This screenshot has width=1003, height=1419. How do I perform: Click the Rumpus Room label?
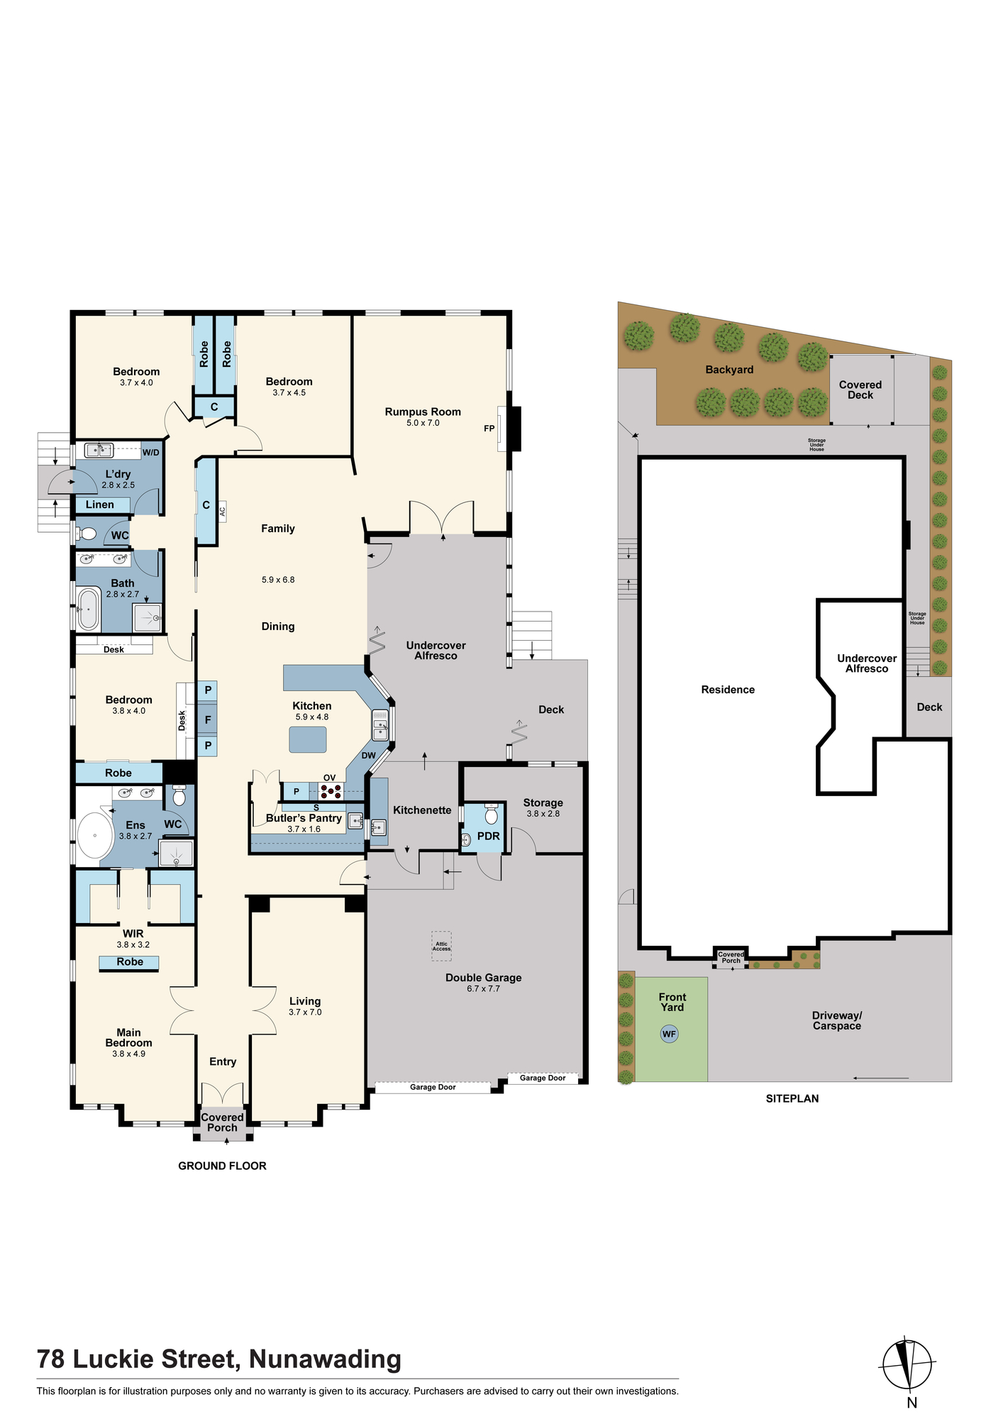click(x=423, y=412)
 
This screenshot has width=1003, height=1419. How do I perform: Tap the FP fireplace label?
click(x=489, y=429)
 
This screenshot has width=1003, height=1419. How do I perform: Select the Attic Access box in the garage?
click(x=441, y=946)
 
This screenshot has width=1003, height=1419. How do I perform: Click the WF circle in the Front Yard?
click(x=669, y=1034)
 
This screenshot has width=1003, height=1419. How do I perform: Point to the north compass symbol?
click(x=907, y=1364)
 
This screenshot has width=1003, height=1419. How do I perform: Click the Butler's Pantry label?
click(x=304, y=818)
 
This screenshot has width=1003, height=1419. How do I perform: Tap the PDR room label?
click(x=489, y=836)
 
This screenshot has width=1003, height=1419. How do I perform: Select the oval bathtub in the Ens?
click(x=95, y=836)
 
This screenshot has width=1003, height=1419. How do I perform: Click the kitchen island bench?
click(x=308, y=739)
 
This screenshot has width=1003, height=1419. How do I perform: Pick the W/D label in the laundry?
click(x=150, y=453)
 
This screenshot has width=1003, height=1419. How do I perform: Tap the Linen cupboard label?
click(x=100, y=504)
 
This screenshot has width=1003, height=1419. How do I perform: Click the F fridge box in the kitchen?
click(x=208, y=719)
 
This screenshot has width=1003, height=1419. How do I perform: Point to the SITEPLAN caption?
click(x=792, y=1098)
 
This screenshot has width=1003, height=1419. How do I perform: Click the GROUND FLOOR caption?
click(x=222, y=1166)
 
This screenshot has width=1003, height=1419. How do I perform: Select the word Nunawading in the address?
click(x=325, y=1359)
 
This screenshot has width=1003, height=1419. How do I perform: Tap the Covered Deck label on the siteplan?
click(x=860, y=390)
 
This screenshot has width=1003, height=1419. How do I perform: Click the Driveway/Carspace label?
click(x=837, y=1020)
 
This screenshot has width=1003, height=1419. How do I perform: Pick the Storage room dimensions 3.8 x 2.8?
click(x=543, y=814)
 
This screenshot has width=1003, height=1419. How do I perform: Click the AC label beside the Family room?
click(x=222, y=511)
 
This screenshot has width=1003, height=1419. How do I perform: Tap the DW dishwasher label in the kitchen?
click(x=369, y=756)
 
